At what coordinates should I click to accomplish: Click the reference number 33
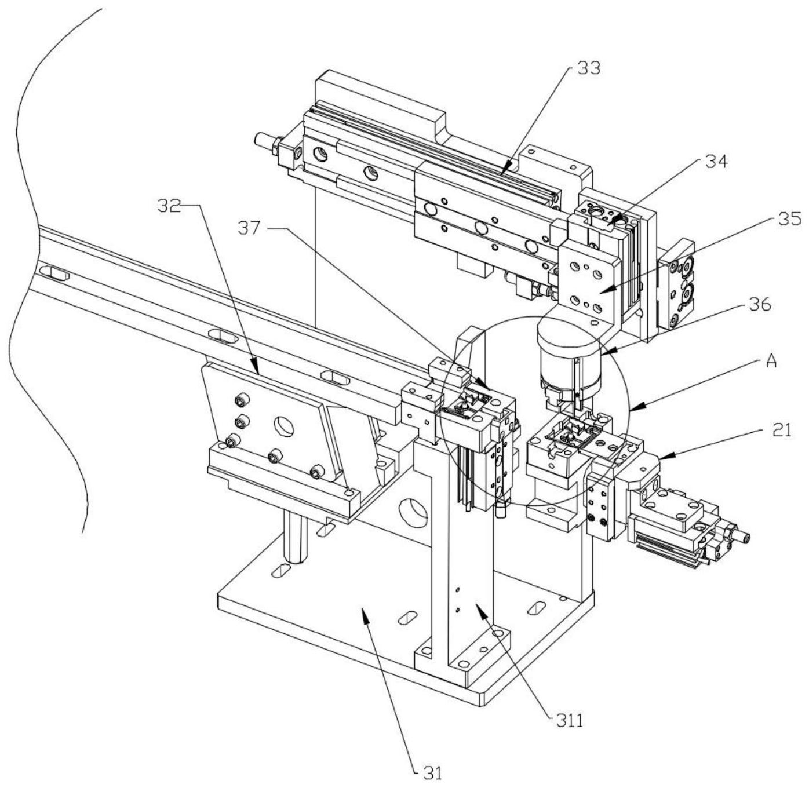tap(587, 68)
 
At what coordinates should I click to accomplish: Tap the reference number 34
tap(716, 162)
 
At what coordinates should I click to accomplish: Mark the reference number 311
tap(569, 721)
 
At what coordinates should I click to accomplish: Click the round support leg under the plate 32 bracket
tap(296, 536)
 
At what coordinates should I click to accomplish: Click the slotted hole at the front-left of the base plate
tap(280, 571)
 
